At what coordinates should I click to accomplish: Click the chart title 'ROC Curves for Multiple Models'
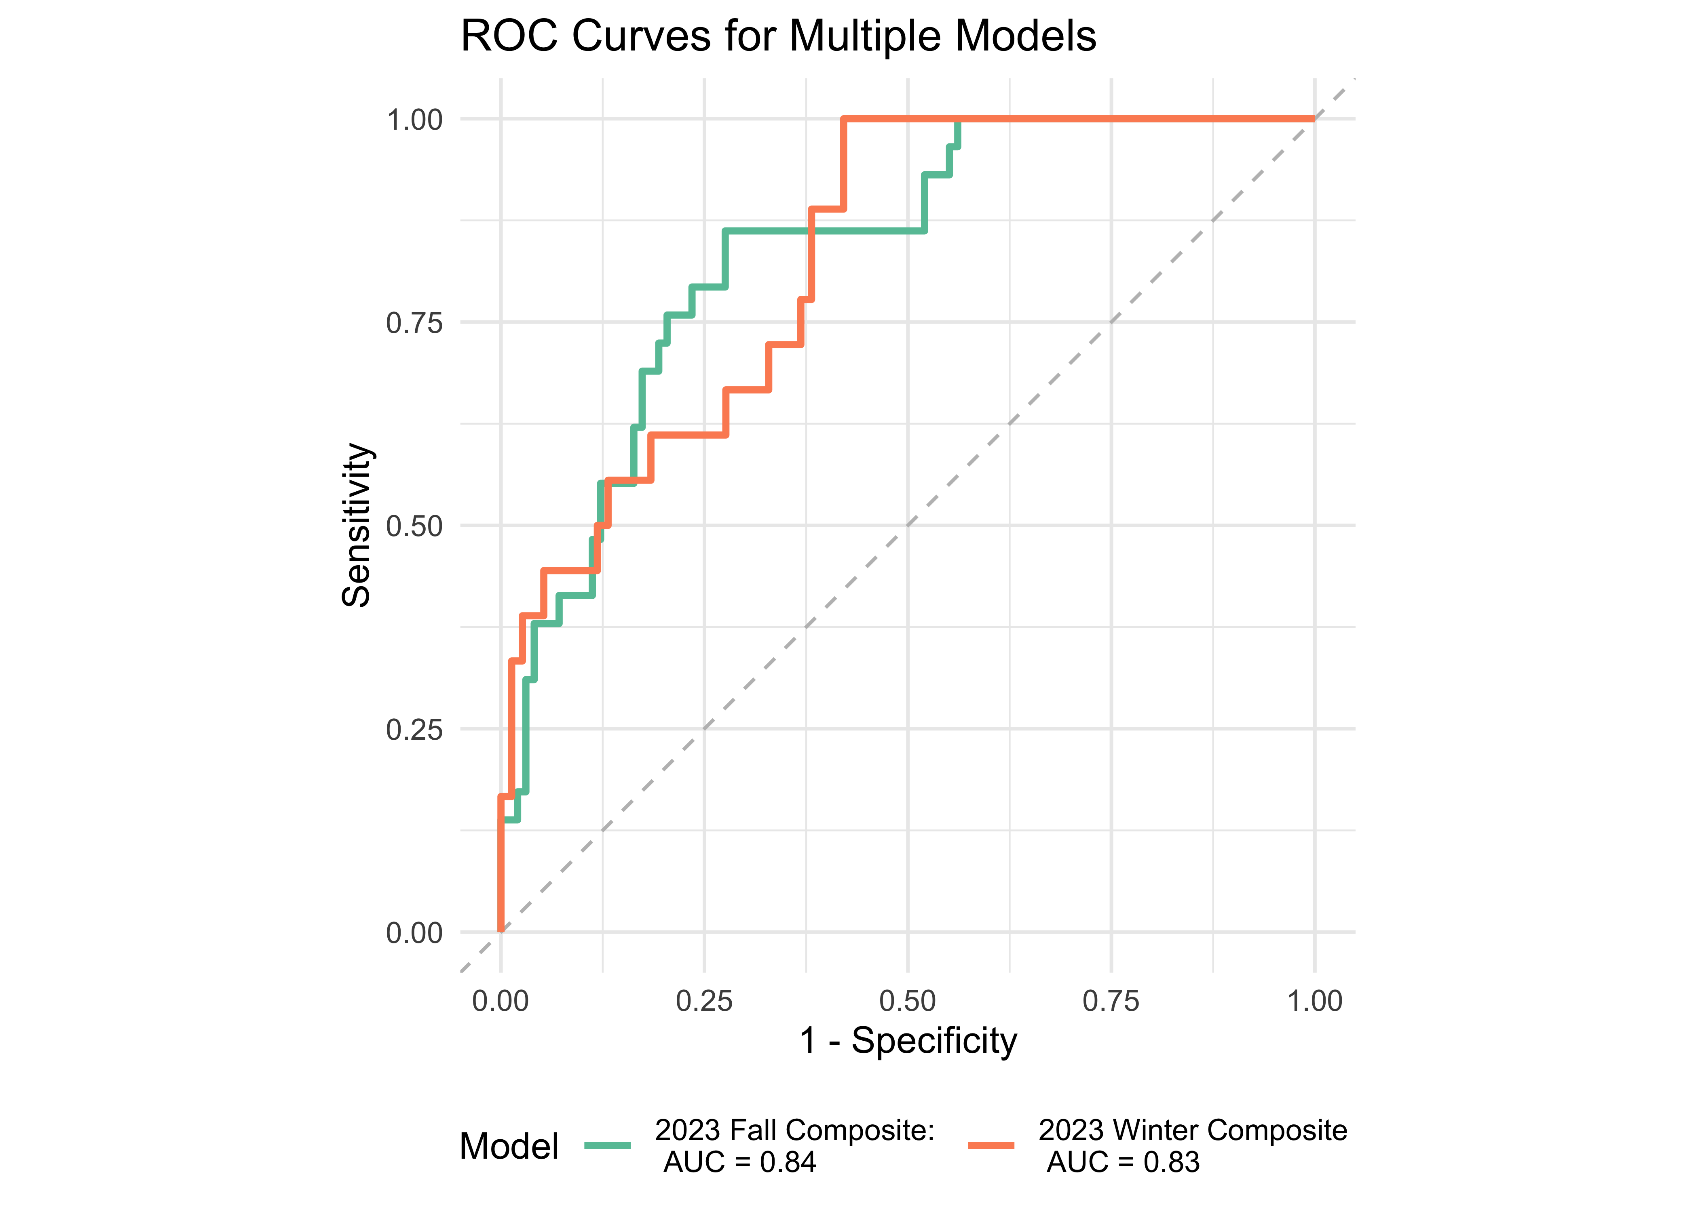click(778, 36)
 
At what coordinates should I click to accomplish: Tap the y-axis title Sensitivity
click(357, 525)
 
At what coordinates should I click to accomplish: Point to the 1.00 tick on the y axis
click(414, 120)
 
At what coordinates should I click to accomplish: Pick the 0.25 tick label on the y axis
click(414, 729)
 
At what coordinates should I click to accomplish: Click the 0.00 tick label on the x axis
click(500, 1001)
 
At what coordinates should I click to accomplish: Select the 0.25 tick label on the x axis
click(704, 1001)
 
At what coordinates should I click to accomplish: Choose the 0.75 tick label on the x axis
click(1111, 1001)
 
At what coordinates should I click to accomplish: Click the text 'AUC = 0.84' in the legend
click(739, 1162)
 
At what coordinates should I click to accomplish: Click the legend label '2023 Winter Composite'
click(1193, 1131)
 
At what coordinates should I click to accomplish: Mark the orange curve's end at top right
click(1314, 119)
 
